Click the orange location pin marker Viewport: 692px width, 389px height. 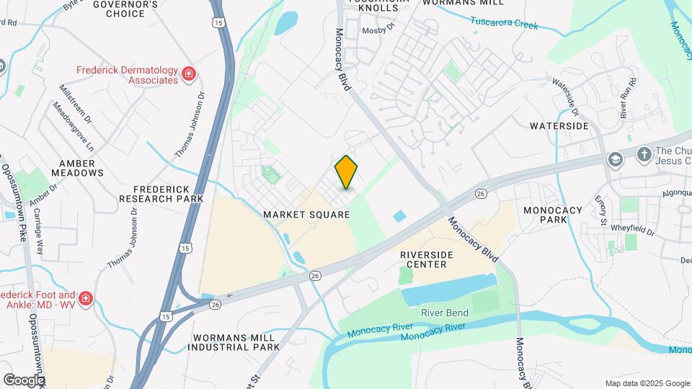[x=347, y=171]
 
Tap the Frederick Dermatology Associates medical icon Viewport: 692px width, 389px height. [x=189, y=74]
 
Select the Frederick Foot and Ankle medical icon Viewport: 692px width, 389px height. [x=86, y=298]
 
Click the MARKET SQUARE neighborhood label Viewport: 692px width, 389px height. [x=306, y=215]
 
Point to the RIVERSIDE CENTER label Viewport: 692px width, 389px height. [x=427, y=259]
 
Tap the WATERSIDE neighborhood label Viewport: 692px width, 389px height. [x=559, y=126]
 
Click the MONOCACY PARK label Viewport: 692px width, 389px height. [x=553, y=215]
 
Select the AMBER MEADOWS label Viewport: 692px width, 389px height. [x=78, y=168]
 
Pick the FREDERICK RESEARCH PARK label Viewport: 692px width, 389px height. [x=161, y=193]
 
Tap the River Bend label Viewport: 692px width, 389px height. [x=445, y=313]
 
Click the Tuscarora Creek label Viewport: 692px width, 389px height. [x=505, y=24]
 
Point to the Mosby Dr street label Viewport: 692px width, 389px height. [x=379, y=30]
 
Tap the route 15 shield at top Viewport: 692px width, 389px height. [x=218, y=23]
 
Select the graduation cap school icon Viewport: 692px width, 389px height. [x=615, y=158]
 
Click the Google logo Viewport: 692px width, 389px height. [x=24, y=380]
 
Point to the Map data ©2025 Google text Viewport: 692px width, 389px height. [x=647, y=383]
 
